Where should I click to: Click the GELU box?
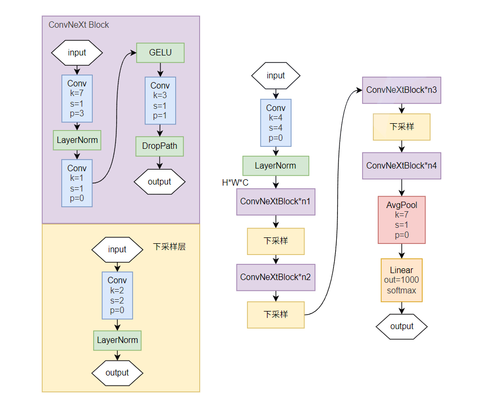click(x=160, y=53)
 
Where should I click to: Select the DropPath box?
click(x=159, y=145)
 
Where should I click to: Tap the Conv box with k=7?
click(x=77, y=99)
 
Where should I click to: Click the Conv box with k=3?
click(x=160, y=101)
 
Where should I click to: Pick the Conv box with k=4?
click(x=276, y=123)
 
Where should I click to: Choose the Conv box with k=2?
click(x=117, y=295)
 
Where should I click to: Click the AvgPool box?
click(x=401, y=220)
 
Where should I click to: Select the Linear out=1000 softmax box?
click(x=401, y=280)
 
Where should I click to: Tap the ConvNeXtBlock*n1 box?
click(x=276, y=202)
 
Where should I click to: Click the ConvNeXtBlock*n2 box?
click(x=276, y=277)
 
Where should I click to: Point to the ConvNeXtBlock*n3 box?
click(x=401, y=90)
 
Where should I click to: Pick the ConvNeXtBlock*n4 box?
click(x=401, y=166)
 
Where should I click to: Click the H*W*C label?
click(x=235, y=183)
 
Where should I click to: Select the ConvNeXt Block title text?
click(x=79, y=25)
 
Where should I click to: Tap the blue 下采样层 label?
click(x=169, y=247)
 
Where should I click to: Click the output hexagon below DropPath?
click(x=159, y=181)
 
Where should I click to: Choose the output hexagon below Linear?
click(x=401, y=326)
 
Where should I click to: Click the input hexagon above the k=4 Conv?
click(x=276, y=76)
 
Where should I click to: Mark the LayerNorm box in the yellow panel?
click(x=117, y=340)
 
